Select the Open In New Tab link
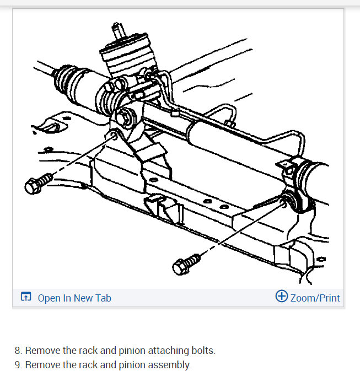[x=74, y=298]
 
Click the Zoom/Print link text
[x=315, y=298]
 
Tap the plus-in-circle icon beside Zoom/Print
[x=281, y=297]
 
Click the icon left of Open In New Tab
[x=26, y=298]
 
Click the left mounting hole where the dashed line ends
[x=113, y=135]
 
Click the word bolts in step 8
[x=202, y=350]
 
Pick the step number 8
[x=18, y=350]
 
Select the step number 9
[x=18, y=365]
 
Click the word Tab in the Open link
[x=103, y=298]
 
